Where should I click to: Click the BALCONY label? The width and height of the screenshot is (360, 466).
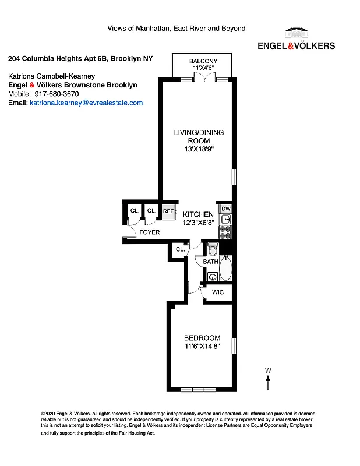click(x=203, y=61)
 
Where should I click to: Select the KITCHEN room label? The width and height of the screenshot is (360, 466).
click(x=197, y=214)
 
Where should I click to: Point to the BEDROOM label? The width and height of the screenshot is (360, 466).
click(x=202, y=338)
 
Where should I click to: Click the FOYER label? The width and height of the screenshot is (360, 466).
click(x=149, y=232)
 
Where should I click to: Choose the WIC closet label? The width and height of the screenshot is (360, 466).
click(x=218, y=292)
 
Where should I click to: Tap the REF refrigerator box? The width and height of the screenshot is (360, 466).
click(x=168, y=211)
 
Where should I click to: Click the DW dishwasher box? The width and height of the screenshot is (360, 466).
click(x=226, y=209)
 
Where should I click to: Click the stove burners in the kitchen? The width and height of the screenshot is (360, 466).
click(x=225, y=232)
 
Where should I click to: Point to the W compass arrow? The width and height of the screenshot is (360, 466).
click(x=268, y=382)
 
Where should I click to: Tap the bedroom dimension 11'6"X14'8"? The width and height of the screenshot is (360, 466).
click(x=202, y=347)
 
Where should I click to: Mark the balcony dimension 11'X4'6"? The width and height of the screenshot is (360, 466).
click(x=203, y=68)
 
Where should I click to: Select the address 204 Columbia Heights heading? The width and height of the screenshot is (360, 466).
click(x=80, y=59)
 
